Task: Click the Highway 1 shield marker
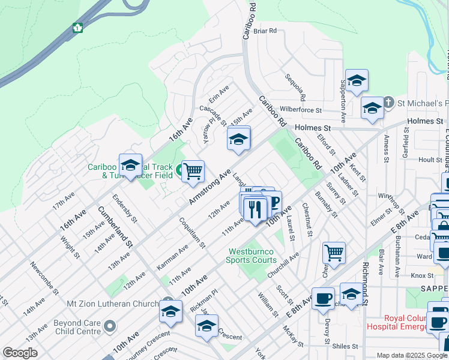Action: pyautogui.click(x=77, y=28)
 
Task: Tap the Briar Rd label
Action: pyautogui.click(x=264, y=31)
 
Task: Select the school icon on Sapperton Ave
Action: pyautogui.click(x=357, y=81)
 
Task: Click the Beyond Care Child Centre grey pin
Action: pyautogui.click(x=109, y=326)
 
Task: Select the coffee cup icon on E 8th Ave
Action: pyautogui.click(x=323, y=298)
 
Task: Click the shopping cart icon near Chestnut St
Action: pyautogui.click(x=333, y=252)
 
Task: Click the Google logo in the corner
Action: pyautogui.click(x=20, y=353)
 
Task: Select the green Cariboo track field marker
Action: pyautogui.click(x=180, y=173)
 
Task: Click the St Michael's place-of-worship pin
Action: pyautogui.click(x=388, y=101)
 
